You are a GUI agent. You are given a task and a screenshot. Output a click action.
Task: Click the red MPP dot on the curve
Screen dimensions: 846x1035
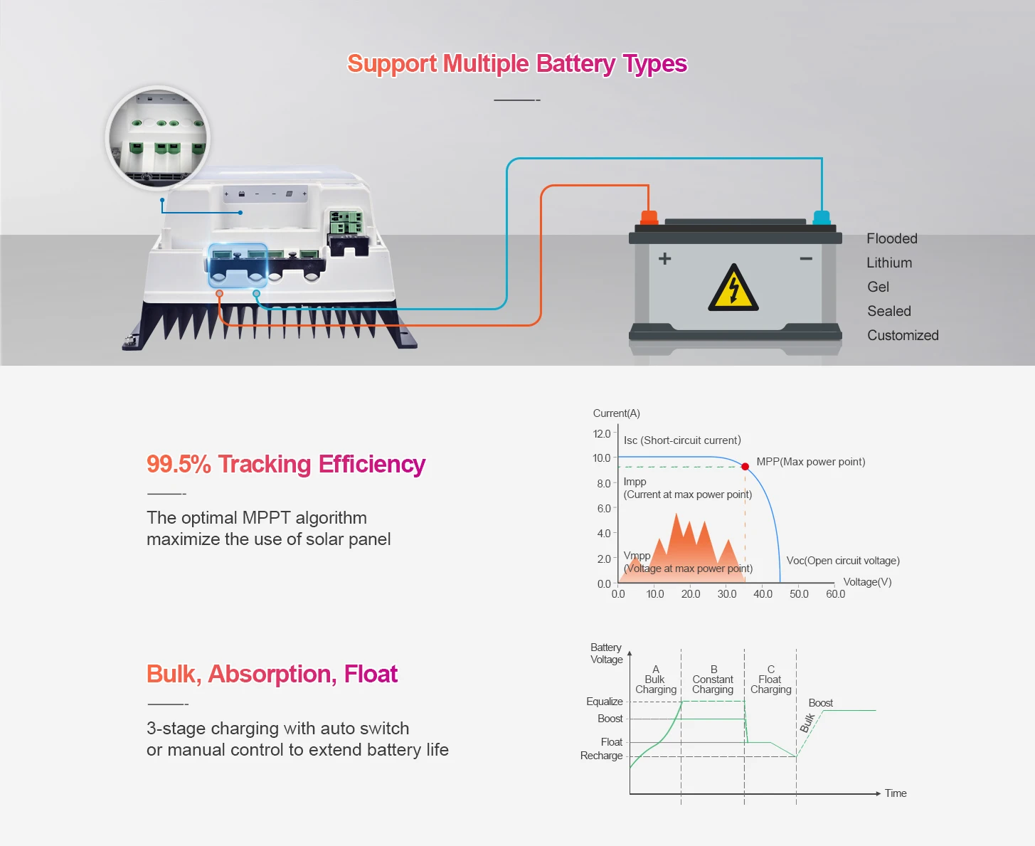click(745, 467)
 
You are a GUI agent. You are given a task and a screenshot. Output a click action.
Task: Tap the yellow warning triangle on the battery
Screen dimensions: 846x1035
click(733, 290)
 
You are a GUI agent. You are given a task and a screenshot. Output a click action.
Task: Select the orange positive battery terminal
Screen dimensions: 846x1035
click(649, 217)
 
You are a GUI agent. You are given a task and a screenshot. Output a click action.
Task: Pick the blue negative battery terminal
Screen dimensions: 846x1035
click(822, 217)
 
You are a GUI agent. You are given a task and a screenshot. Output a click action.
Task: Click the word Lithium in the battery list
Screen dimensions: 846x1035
click(889, 263)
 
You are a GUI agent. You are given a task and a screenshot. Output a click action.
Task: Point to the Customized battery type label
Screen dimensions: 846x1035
click(903, 335)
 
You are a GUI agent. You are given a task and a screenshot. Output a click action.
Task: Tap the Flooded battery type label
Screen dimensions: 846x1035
click(892, 238)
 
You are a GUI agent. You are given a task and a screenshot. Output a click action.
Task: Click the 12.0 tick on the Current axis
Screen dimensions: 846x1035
click(602, 433)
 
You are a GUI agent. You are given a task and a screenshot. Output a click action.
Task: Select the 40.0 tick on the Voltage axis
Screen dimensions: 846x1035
click(763, 593)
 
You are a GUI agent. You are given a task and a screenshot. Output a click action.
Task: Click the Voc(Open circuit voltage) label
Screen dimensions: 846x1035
click(843, 561)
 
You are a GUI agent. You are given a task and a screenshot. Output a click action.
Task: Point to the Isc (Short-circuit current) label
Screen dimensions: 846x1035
click(682, 440)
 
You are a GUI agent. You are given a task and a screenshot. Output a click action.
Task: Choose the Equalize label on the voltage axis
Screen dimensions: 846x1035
click(604, 702)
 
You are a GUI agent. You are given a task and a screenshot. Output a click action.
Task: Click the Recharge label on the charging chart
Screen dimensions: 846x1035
click(601, 756)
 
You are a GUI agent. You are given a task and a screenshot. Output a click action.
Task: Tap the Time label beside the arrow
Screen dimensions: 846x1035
click(896, 793)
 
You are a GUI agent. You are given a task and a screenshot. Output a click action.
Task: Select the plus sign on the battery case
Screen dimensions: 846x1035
click(664, 258)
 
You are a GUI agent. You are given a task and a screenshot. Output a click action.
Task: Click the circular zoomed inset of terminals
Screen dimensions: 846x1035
click(157, 138)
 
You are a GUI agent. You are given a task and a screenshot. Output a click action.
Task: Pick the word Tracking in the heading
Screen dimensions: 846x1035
click(265, 464)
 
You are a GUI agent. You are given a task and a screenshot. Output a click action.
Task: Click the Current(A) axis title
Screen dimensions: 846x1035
click(617, 413)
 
